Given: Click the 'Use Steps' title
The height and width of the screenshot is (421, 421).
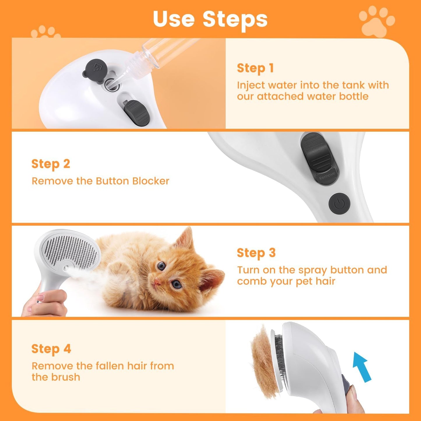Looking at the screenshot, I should point(210,19).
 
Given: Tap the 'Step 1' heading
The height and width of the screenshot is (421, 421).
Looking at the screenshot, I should point(255,68).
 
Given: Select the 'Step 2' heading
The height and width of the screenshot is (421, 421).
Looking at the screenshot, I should point(51,164).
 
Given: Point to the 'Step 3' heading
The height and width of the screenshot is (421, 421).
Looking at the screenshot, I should point(256,253).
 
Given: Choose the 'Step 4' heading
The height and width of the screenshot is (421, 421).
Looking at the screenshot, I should point(51,349).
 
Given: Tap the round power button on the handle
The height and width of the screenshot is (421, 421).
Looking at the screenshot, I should point(339,203).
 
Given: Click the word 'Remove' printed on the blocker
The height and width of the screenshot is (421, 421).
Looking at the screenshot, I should point(327,176).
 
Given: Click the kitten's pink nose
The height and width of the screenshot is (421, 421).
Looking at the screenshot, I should point(157,282).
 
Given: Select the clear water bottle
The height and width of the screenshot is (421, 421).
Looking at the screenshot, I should point(163,52).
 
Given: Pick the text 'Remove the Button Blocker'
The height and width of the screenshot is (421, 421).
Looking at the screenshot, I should point(100,181).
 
